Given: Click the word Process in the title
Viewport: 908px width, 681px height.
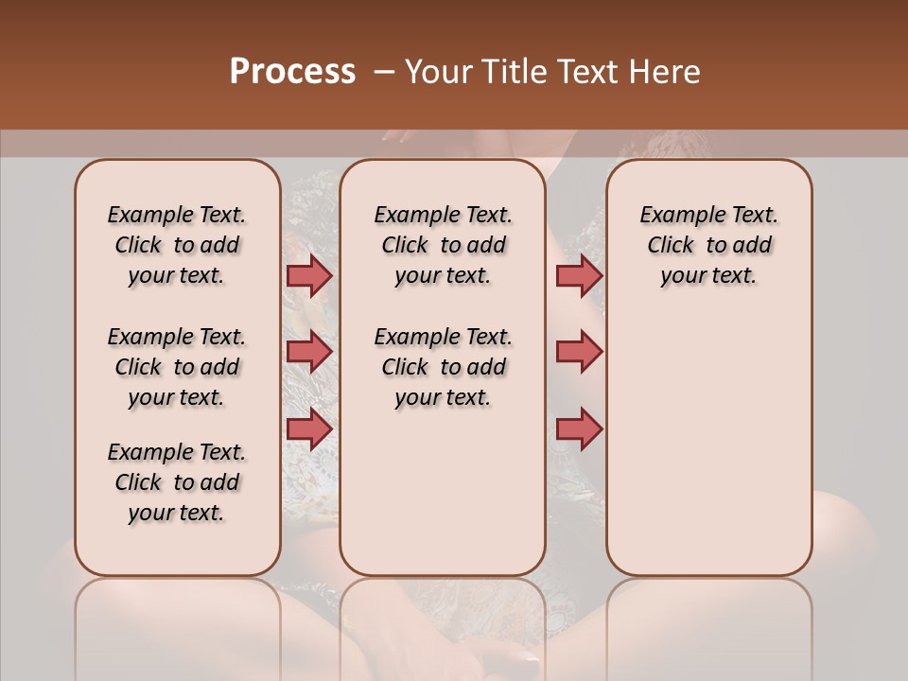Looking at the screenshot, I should (292, 72).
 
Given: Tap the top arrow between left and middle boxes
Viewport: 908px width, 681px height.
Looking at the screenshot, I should (309, 275).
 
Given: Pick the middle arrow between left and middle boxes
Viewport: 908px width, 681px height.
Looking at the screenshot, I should (309, 352).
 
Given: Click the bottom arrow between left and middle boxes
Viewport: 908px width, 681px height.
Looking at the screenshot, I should (309, 428).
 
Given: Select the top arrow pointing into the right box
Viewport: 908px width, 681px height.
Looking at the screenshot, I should (579, 275).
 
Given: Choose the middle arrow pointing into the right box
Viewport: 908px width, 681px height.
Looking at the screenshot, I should (579, 352).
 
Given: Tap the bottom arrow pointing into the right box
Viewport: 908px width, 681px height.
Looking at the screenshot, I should (579, 428).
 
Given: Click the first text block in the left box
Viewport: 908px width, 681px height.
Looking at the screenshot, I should (177, 245).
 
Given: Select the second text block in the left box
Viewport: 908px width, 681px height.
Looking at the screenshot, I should (177, 367).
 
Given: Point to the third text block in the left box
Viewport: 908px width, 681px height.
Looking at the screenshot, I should (177, 482).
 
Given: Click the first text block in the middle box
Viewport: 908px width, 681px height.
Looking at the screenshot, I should (444, 245).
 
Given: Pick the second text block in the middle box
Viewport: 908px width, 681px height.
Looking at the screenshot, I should (444, 367).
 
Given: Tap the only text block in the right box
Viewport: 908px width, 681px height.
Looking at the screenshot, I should (709, 245).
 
